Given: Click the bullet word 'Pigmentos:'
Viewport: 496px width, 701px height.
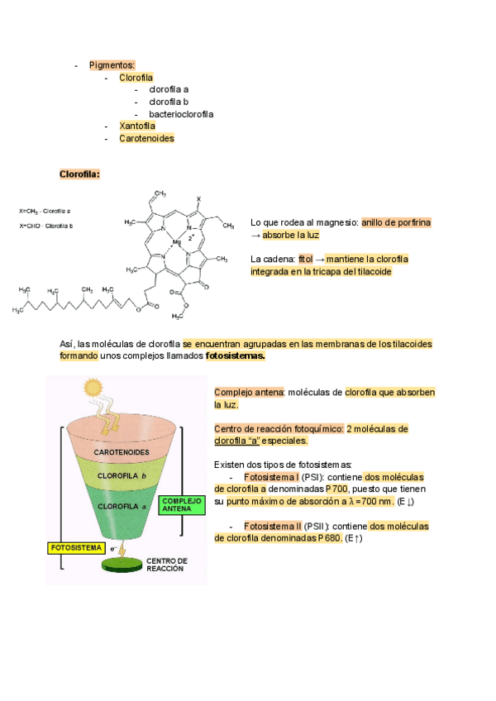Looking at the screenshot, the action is pyautogui.click(x=112, y=64).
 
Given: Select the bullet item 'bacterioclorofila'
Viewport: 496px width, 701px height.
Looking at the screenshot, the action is pyautogui.click(x=181, y=114).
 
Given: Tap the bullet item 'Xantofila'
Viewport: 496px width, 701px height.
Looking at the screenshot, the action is pyautogui.click(x=137, y=126).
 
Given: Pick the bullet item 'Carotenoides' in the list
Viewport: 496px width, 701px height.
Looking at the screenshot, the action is pyautogui.click(x=146, y=138).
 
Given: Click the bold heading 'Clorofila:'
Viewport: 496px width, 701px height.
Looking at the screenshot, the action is pyautogui.click(x=79, y=174).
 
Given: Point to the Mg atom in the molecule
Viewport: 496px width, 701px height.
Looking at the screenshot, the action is pyautogui.click(x=177, y=242).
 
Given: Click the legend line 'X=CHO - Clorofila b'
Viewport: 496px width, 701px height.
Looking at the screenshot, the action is pyautogui.click(x=45, y=226).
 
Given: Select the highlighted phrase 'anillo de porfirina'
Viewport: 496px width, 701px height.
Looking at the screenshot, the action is pyautogui.click(x=396, y=222).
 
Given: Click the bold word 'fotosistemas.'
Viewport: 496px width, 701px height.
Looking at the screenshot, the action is pyautogui.click(x=236, y=355).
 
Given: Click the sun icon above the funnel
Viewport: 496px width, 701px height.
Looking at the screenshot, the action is pyautogui.click(x=93, y=387).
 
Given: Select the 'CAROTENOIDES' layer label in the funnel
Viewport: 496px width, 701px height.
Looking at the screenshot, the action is pyautogui.click(x=121, y=453).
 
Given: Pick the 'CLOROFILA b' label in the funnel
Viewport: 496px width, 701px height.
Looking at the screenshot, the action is pyautogui.click(x=122, y=476).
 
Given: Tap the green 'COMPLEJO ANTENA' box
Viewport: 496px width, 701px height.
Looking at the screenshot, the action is pyautogui.click(x=181, y=504).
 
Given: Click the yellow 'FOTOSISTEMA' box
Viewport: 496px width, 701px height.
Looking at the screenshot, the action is pyautogui.click(x=76, y=547).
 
